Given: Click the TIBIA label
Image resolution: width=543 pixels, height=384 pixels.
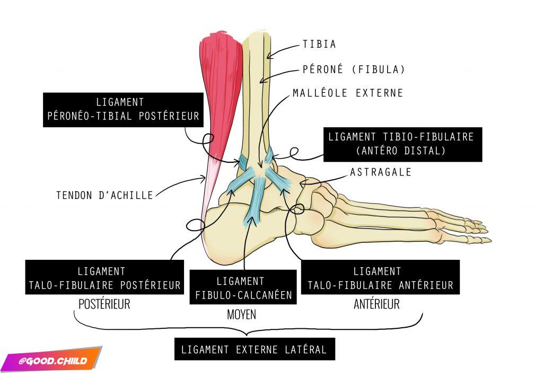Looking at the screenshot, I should [319, 44].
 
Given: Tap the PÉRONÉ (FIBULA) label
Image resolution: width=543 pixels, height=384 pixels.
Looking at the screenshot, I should [354, 69].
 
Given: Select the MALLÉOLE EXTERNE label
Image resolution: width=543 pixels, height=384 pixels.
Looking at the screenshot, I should [348, 93].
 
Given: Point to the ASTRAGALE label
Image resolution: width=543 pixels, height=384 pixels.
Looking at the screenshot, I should [380, 172].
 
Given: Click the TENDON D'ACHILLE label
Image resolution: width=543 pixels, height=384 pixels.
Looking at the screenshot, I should [104, 195].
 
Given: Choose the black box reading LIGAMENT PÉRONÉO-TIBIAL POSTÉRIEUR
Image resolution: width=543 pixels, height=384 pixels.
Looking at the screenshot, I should [123, 110].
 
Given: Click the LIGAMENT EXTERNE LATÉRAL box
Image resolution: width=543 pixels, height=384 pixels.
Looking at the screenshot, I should [254, 350].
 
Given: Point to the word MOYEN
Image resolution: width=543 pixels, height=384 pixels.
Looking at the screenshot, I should [241, 315].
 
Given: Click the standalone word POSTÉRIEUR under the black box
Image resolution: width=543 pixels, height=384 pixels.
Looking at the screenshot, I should [104, 304].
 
